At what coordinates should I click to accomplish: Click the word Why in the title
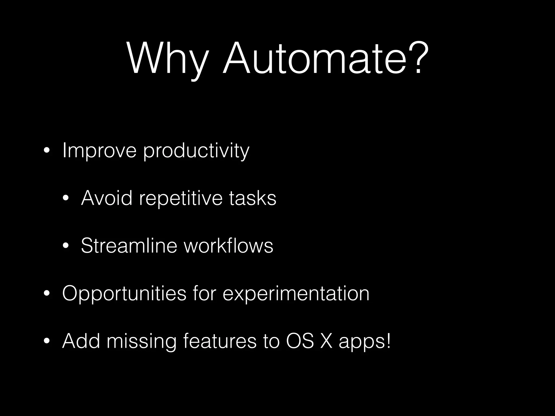click(168, 58)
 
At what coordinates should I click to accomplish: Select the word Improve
click(99, 151)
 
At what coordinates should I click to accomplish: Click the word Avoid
click(107, 198)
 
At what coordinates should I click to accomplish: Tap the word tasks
click(253, 198)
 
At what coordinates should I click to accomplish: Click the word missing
click(141, 342)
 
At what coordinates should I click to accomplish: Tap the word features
click(220, 341)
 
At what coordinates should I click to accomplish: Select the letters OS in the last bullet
click(300, 341)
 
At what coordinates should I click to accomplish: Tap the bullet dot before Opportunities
click(47, 294)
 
